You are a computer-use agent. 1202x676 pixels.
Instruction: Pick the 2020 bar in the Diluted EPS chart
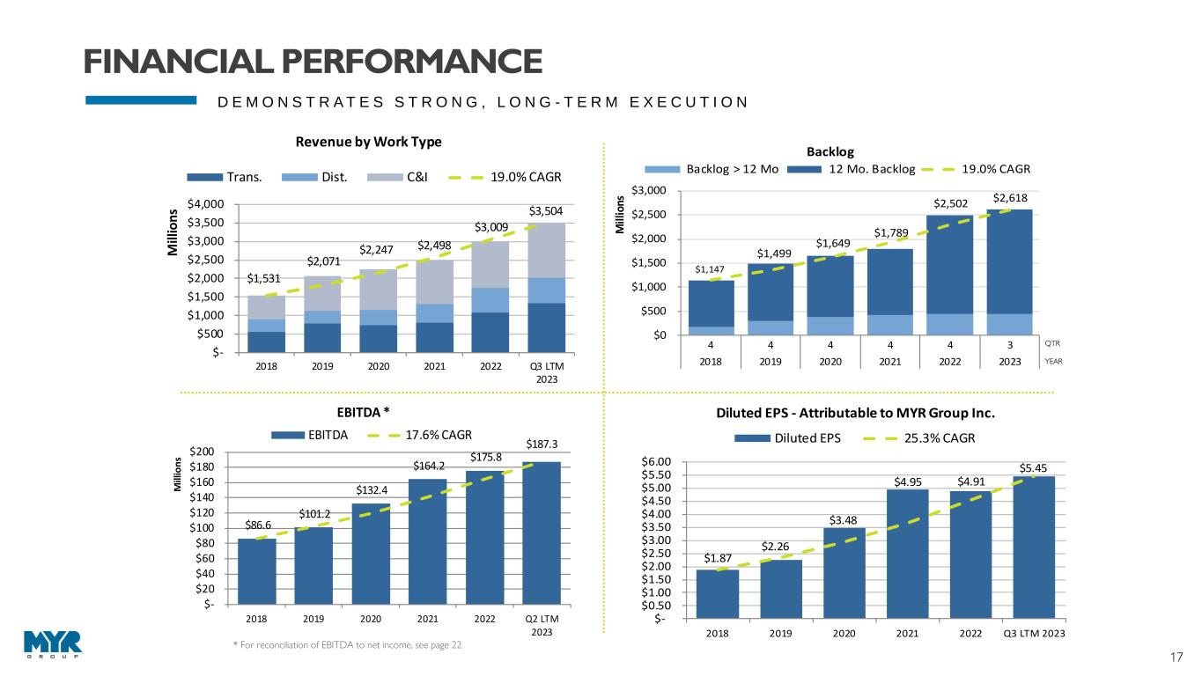pos(844,572)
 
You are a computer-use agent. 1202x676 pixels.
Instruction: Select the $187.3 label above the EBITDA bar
pos(542,445)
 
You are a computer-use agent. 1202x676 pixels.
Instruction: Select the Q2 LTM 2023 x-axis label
pos(542,625)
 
